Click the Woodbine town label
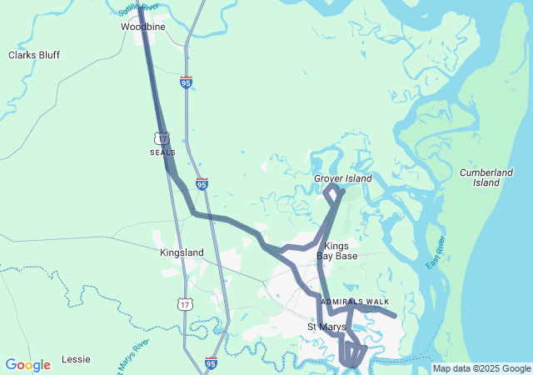(142, 27)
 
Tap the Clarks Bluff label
(34, 55)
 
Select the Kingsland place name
(182, 252)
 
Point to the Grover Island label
(342, 178)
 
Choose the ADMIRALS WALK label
(356, 301)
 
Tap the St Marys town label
(326, 327)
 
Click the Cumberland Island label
(486, 177)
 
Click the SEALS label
(162, 153)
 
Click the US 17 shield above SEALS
(162, 138)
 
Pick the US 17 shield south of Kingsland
(185, 305)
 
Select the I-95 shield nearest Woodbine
(186, 82)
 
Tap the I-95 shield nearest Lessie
(211, 363)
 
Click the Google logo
(27, 365)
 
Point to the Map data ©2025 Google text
(481, 368)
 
